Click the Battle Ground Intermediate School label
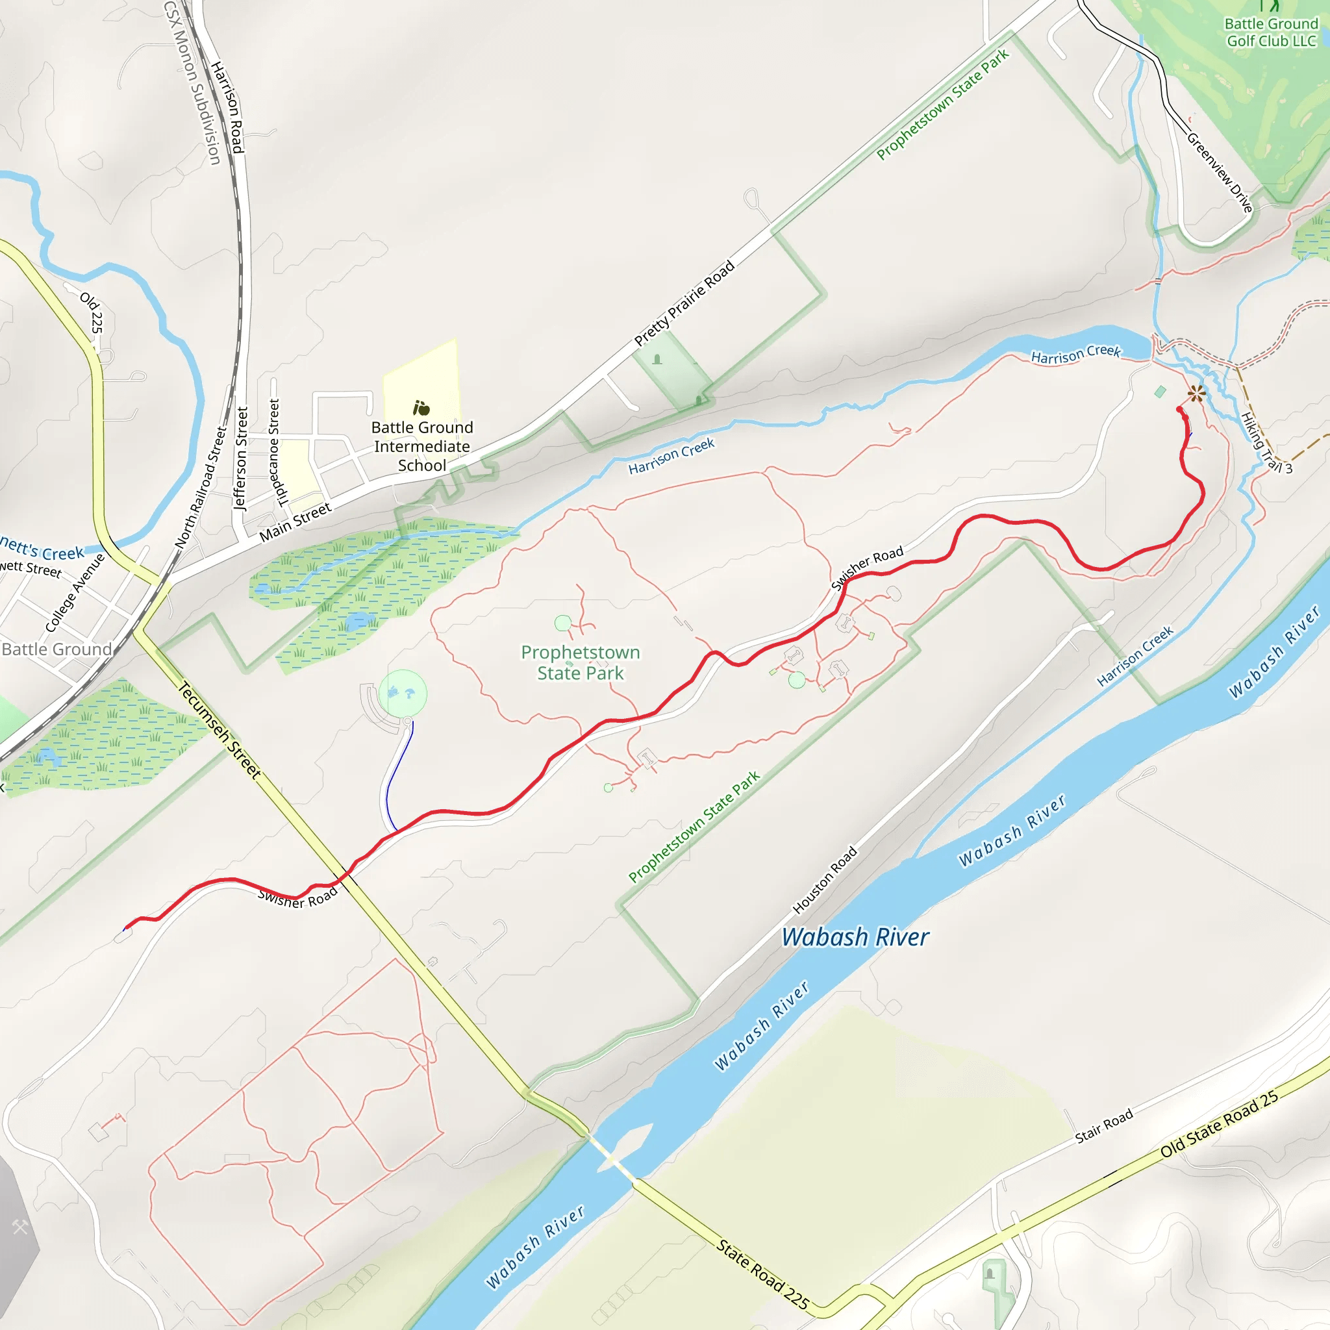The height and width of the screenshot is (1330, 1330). pos(422,446)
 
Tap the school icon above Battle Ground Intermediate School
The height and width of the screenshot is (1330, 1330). pos(421,408)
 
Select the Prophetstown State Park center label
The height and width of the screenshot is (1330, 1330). pos(581,662)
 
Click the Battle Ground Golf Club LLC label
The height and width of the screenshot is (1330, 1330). pos(1271,32)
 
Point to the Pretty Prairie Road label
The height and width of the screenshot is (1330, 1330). pos(684,303)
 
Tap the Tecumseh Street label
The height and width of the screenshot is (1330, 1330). pos(220,730)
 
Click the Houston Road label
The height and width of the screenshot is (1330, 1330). pos(825,880)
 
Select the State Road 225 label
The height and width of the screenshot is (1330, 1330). pos(763,1274)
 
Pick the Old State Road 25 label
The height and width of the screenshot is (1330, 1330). pos(1219,1123)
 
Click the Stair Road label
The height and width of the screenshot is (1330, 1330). pos(1104,1126)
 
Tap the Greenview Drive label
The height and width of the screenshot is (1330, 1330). pos(1219,172)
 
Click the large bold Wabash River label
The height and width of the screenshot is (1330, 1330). pos(855,938)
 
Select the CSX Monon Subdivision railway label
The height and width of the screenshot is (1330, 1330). pos(192,82)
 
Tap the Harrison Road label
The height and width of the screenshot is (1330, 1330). pos(227,107)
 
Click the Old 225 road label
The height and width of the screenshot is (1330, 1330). pos(92,312)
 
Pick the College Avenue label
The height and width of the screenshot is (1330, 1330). pos(74,592)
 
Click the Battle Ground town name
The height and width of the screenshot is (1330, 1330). pos(56,649)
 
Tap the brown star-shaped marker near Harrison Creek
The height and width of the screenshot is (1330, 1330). pos(1196,394)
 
